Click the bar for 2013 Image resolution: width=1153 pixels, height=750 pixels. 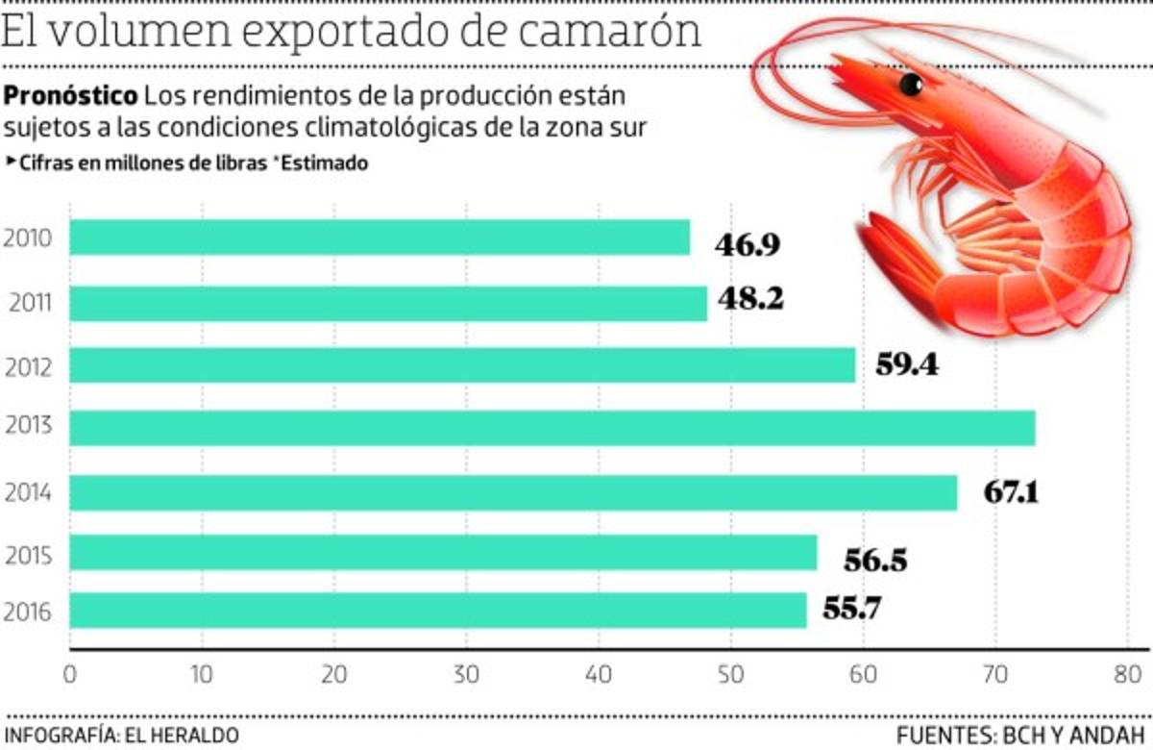[x=552, y=428]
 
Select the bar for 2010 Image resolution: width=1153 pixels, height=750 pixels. [x=380, y=237]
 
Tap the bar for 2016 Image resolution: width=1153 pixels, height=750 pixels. [x=437, y=611]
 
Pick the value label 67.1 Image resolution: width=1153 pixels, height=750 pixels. [x=1012, y=492]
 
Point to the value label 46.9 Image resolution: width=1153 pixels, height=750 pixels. [x=748, y=244]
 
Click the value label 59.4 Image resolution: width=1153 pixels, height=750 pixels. [x=907, y=365]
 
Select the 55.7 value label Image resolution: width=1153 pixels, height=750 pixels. [x=851, y=609]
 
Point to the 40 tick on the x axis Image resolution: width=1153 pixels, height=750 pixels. [x=599, y=675]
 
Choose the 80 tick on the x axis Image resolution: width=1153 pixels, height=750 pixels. [x=1127, y=675]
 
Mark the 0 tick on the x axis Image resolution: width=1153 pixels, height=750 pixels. [x=69, y=675]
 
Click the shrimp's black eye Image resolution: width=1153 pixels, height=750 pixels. [x=912, y=86]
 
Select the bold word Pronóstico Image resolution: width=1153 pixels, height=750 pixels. [x=71, y=97]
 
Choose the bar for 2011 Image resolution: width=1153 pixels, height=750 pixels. [x=388, y=303]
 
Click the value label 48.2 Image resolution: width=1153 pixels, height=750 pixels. [x=749, y=300]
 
